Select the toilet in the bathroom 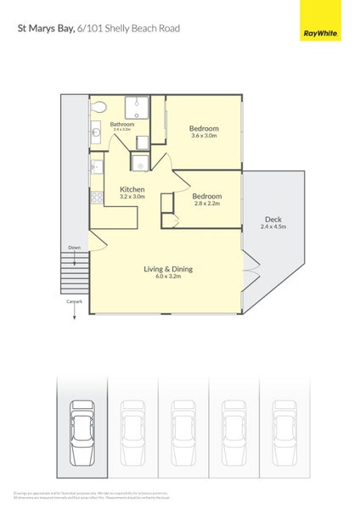click(x=98, y=107)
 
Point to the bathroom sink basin click(x=96, y=132)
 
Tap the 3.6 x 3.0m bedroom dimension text click(x=204, y=136)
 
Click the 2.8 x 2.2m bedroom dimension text click(x=207, y=204)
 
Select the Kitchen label click(x=132, y=189)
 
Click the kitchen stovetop click(x=96, y=199)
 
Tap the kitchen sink click(x=96, y=168)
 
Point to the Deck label click(x=273, y=219)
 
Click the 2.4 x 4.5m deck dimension click(x=273, y=227)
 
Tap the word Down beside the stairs click(x=75, y=249)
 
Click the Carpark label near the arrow click(x=74, y=301)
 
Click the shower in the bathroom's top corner click(x=138, y=108)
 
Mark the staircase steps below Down click(x=75, y=273)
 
